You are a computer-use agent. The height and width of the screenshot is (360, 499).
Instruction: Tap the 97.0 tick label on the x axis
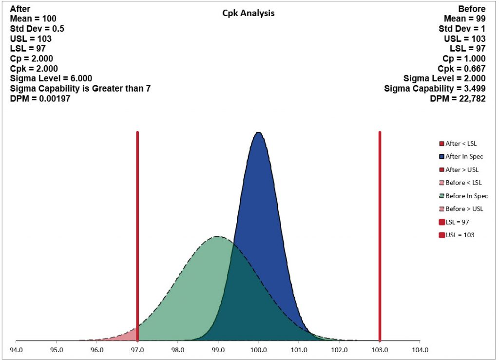click(x=137, y=350)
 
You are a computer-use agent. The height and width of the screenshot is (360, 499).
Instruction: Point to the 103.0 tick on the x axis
click(x=380, y=350)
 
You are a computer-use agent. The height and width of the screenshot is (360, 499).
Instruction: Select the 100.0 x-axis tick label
click(x=258, y=350)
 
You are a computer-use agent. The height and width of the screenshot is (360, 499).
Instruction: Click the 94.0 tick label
click(x=17, y=350)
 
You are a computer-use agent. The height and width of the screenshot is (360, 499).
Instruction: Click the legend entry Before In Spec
click(x=466, y=196)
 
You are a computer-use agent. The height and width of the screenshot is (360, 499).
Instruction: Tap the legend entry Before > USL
click(x=464, y=209)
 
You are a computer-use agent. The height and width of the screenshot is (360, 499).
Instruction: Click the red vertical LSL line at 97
click(x=137, y=219)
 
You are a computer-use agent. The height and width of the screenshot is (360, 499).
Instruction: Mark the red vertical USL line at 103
click(x=380, y=219)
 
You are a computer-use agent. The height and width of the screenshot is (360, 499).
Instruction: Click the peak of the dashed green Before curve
click(x=218, y=237)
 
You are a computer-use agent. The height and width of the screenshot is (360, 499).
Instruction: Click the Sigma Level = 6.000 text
click(x=51, y=78)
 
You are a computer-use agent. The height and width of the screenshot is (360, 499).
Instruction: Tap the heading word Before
click(x=472, y=9)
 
